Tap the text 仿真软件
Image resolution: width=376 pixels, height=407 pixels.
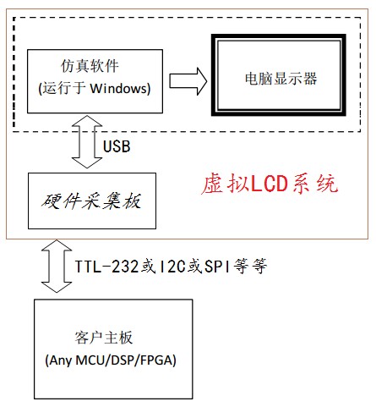(90, 66)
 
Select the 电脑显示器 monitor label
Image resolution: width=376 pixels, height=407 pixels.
(281, 78)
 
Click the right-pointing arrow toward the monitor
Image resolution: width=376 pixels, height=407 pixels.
(188, 81)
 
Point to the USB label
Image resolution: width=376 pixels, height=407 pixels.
(117, 146)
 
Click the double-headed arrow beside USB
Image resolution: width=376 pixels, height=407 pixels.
(87, 141)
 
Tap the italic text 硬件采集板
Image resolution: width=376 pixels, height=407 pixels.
(91, 201)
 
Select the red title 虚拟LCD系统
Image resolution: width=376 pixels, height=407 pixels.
(270, 184)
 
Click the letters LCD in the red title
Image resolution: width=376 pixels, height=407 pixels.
(270, 184)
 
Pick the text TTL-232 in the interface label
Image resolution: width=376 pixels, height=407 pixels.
(106, 267)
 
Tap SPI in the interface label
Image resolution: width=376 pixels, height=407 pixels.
(217, 267)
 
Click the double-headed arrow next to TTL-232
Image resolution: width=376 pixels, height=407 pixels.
(57, 267)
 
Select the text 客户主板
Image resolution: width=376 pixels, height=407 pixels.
(104, 338)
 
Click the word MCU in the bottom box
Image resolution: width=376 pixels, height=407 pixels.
(91, 360)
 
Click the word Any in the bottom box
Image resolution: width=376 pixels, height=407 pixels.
(61, 360)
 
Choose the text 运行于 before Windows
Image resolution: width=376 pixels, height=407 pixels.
(64, 88)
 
